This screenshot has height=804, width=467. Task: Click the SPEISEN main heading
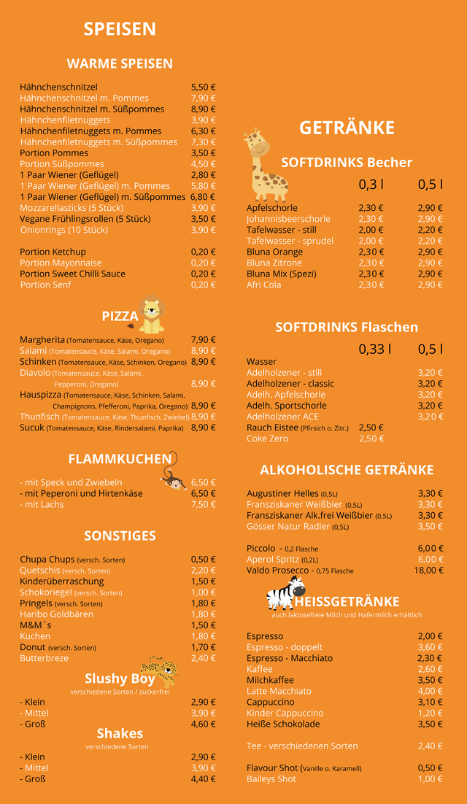[x=120, y=29]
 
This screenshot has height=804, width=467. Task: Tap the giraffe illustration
[x=263, y=166]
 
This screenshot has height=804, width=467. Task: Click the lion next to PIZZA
[x=151, y=315]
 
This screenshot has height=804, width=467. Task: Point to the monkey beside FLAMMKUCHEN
[x=173, y=474]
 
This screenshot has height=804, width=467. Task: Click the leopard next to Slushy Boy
[x=160, y=670]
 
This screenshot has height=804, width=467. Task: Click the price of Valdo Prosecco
[x=429, y=571]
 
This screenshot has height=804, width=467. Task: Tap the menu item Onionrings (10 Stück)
[x=63, y=230]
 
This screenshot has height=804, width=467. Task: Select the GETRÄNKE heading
[x=347, y=128]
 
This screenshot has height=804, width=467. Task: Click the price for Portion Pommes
[x=203, y=153]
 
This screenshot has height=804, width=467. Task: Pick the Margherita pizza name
[x=42, y=340]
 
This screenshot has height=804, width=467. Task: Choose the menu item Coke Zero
[x=267, y=438]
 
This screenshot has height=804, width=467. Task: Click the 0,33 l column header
[x=374, y=349]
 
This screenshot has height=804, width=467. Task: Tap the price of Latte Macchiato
[x=430, y=691]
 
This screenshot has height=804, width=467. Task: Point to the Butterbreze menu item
[x=44, y=658]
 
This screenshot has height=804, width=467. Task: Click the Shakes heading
[x=120, y=733]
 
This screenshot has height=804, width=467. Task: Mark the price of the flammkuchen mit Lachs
[x=203, y=504]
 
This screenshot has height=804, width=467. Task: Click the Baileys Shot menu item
[x=271, y=779]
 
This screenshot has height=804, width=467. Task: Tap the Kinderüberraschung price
[x=203, y=581]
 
